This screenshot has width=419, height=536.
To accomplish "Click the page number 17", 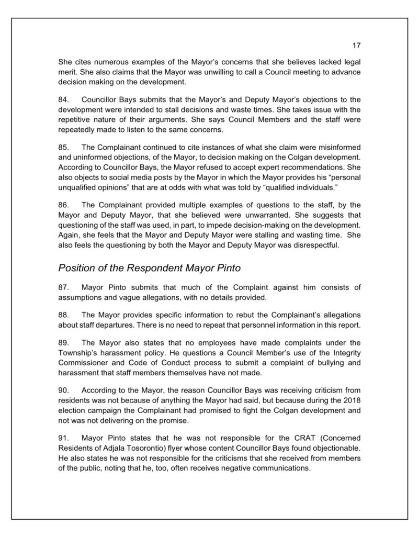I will point(357,45).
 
